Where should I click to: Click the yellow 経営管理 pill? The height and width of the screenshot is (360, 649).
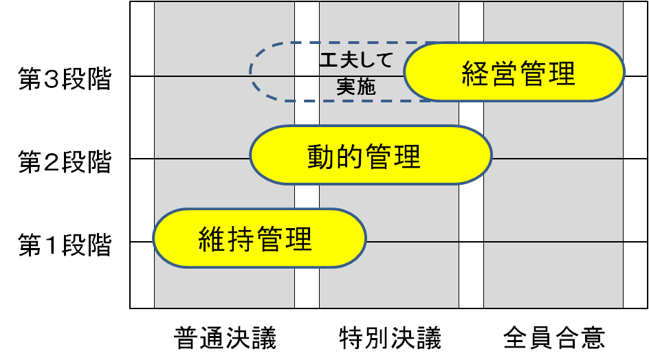click(514, 71)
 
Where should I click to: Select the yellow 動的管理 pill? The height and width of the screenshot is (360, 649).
click(370, 155)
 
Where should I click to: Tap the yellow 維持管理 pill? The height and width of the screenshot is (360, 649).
click(258, 238)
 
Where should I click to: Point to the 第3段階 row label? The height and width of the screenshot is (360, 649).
click(65, 80)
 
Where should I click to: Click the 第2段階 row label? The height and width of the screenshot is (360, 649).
click(65, 163)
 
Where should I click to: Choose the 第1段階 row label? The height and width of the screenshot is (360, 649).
click(65, 246)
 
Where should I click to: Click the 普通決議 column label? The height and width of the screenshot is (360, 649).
click(225, 338)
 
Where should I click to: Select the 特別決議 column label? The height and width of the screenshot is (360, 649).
click(390, 338)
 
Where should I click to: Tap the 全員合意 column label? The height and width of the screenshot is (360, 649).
click(554, 338)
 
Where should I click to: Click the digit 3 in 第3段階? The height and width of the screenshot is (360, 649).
click(50, 80)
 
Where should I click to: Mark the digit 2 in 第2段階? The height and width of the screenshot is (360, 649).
click(50, 164)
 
